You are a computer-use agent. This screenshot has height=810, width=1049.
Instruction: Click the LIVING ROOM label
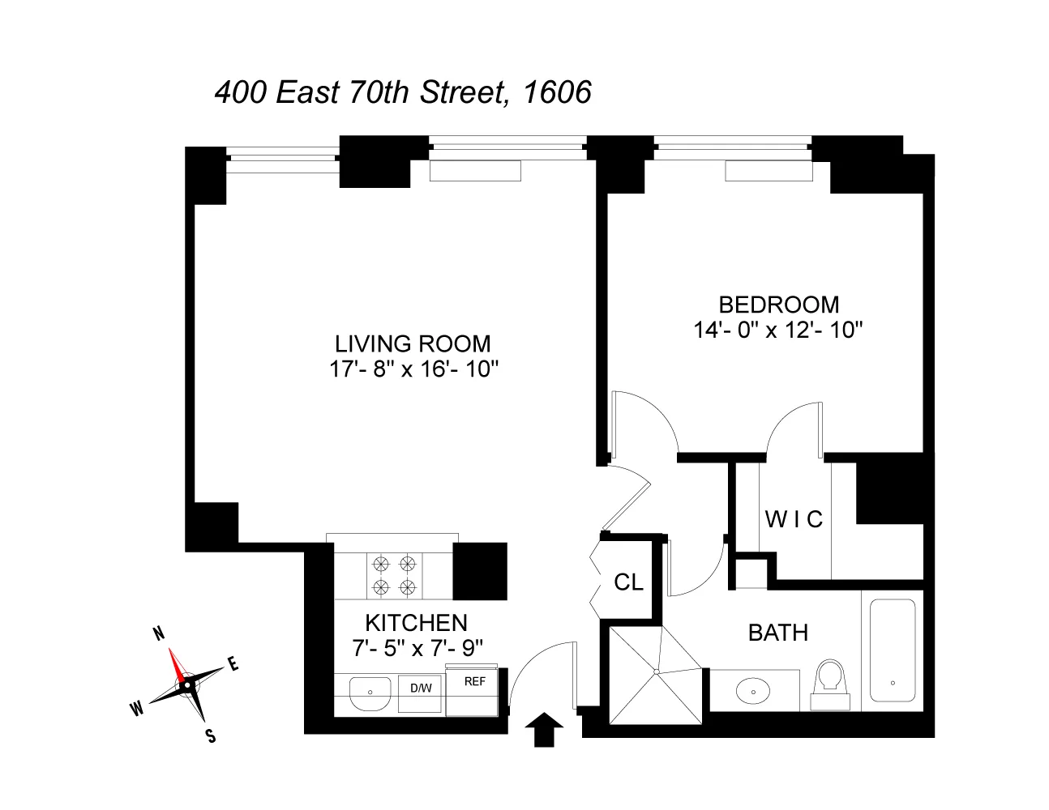[413, 343]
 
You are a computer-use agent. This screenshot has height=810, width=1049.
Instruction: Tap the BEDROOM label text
[778, 305]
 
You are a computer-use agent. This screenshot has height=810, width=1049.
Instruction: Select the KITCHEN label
[416, 623]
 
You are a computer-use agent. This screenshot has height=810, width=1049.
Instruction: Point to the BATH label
[777, 633]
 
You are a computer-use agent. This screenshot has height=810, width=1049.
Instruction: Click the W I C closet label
[794, 519]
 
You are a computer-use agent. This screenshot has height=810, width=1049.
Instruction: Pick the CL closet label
[628, 582]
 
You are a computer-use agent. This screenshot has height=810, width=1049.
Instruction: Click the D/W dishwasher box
[420, 689]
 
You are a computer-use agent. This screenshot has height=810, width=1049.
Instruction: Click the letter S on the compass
[210, 735]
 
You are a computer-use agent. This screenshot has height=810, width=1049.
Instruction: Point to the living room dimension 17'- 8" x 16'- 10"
[413, 369]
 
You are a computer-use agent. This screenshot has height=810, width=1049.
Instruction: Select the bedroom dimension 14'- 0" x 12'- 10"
[778, 330]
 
